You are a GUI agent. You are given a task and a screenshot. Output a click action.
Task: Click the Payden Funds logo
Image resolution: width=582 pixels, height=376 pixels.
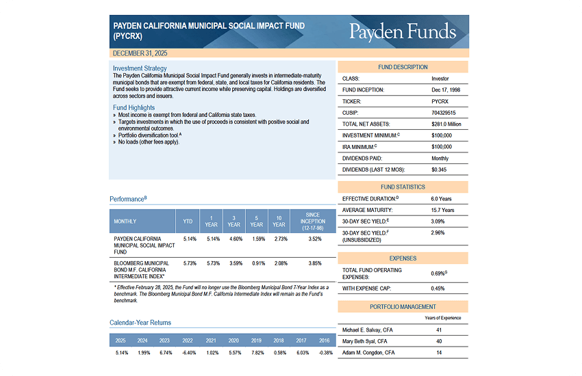click(x=402, y=31)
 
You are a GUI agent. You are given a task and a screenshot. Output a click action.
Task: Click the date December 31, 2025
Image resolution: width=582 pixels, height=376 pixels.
click(x=140, y=53)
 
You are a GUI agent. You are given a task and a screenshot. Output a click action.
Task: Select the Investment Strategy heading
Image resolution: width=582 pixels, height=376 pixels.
click(x=140, y=68)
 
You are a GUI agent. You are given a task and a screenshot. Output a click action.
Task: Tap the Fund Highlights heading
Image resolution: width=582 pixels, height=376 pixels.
click(x=134, y=108)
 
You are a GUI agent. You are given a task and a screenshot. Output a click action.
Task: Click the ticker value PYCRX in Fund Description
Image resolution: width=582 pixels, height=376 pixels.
click(x=441, y=101)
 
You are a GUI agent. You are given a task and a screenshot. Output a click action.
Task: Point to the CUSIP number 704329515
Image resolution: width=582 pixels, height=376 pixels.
click(x=444, y=113)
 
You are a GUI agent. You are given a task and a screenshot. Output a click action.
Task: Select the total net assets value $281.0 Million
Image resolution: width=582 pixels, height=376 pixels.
click(x=446, y=124)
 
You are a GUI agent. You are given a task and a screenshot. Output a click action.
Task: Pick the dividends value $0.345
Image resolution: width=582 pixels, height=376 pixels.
click(x=439, y=169)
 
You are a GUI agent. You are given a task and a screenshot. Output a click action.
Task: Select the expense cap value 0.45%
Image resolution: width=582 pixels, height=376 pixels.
click(x=438, y=288)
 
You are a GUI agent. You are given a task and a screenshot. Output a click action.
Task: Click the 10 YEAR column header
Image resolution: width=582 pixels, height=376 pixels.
click(x=279, y=221)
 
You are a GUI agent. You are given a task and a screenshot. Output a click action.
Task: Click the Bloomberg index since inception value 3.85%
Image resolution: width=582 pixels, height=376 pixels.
click(x=315, y=263)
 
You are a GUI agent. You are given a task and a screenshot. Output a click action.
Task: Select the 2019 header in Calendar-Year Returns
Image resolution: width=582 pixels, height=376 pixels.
click(x=257, y=340)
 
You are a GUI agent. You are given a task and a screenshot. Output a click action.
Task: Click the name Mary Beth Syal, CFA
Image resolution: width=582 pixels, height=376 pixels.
click(x=364, y=341)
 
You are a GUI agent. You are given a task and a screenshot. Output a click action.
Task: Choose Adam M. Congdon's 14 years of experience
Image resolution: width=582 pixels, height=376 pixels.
click(x=438, y=353)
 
